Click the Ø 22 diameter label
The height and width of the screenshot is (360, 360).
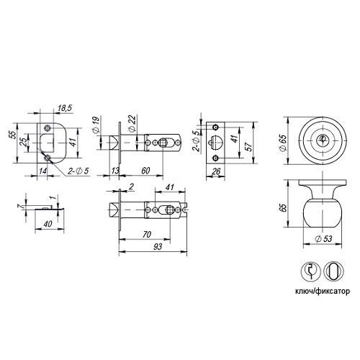coord(132,123)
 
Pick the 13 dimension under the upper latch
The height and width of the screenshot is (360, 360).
coord(115,171)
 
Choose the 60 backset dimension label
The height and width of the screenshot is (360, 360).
coord(145,171)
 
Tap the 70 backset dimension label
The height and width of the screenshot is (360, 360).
coord(147,234)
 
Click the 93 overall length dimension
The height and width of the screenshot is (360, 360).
coord(158,246)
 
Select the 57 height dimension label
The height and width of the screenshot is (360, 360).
coord(250,145)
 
